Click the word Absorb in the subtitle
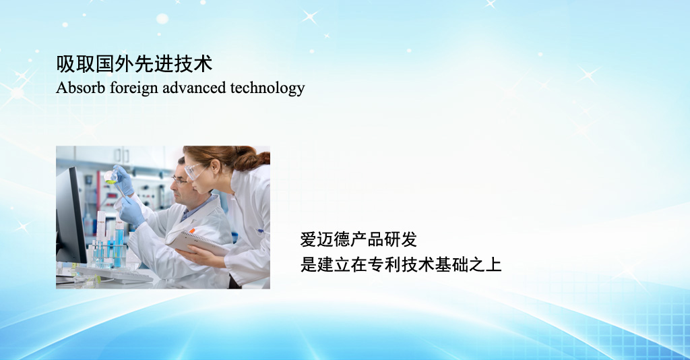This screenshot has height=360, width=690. [81, 88]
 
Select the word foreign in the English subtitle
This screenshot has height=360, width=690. [134, 88]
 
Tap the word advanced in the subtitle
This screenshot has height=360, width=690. [194, 88]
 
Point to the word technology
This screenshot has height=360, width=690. [268, 88]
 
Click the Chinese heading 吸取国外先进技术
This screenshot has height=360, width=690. [134, 64]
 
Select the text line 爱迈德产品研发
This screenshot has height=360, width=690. [358, 240]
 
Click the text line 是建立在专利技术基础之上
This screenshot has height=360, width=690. [401, 265]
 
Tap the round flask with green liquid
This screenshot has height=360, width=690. [110, 177]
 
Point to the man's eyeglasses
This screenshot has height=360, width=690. [179, 180]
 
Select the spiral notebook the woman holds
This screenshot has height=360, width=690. [197, 242]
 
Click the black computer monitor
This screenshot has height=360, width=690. [70, 216]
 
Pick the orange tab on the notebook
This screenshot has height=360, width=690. [191, 231]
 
